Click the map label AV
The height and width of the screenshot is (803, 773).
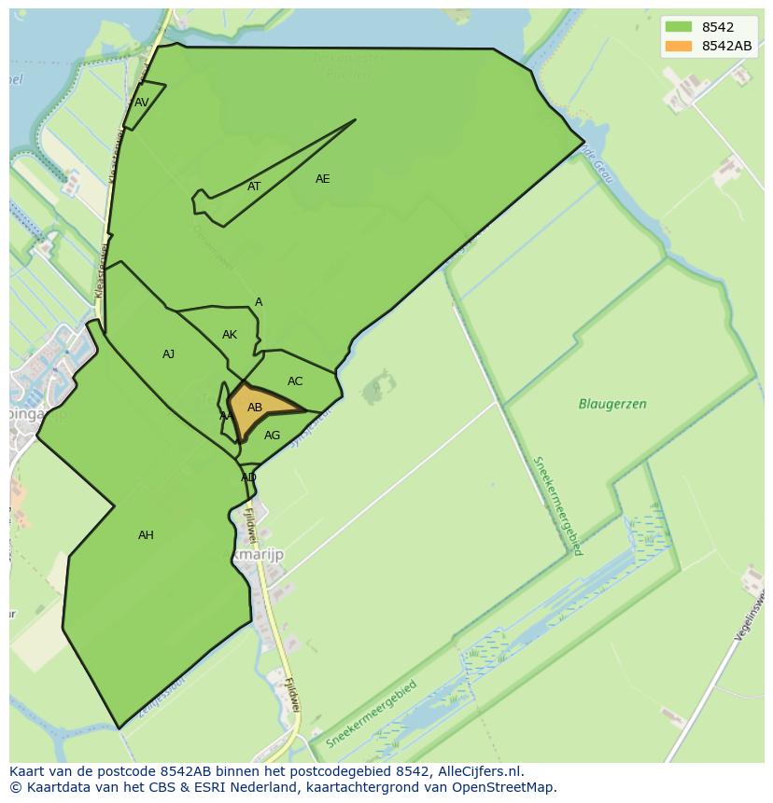142,103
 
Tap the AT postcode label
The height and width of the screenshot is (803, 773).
254,187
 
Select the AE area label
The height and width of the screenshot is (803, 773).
322,179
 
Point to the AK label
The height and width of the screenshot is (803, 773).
230,335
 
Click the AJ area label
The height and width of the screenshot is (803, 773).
168,354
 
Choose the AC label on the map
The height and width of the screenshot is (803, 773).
295,381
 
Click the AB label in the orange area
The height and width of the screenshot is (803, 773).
255,408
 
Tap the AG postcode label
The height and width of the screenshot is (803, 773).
272,436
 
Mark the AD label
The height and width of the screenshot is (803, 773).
248,478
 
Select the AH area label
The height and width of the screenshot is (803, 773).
146,535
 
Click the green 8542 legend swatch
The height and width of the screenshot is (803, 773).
679,28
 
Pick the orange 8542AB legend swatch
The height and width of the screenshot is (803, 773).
679,46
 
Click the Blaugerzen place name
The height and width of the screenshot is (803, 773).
612,405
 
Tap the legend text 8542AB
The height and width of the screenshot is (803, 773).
726,46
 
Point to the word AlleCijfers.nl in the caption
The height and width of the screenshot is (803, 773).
479,771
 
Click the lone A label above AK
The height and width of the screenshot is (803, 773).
259,302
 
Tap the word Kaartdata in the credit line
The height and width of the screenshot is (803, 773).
52,787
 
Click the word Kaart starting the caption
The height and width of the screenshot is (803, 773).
27,771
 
